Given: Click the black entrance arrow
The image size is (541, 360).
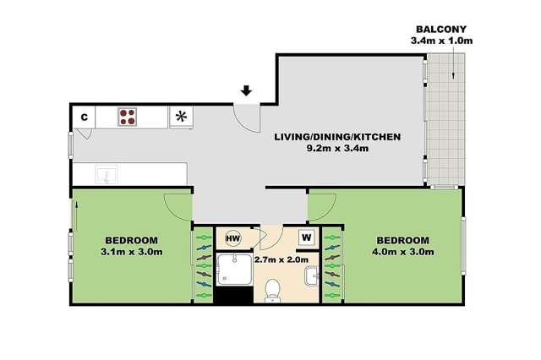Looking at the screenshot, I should coord(246,90).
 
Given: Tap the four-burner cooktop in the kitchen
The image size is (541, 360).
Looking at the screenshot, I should coord(128,116).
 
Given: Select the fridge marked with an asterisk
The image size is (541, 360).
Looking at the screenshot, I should coord(181,117).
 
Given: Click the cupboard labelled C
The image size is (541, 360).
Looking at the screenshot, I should coord(84,117).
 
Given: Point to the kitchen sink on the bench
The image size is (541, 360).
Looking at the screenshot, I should coord(107,175).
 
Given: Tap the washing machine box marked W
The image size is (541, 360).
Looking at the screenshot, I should coord(306,237).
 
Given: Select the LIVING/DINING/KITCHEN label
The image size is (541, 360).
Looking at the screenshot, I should coord(336,136).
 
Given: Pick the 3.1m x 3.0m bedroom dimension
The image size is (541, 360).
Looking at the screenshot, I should coord(131,251).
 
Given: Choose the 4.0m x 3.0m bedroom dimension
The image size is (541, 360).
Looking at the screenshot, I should coord(403,251).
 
